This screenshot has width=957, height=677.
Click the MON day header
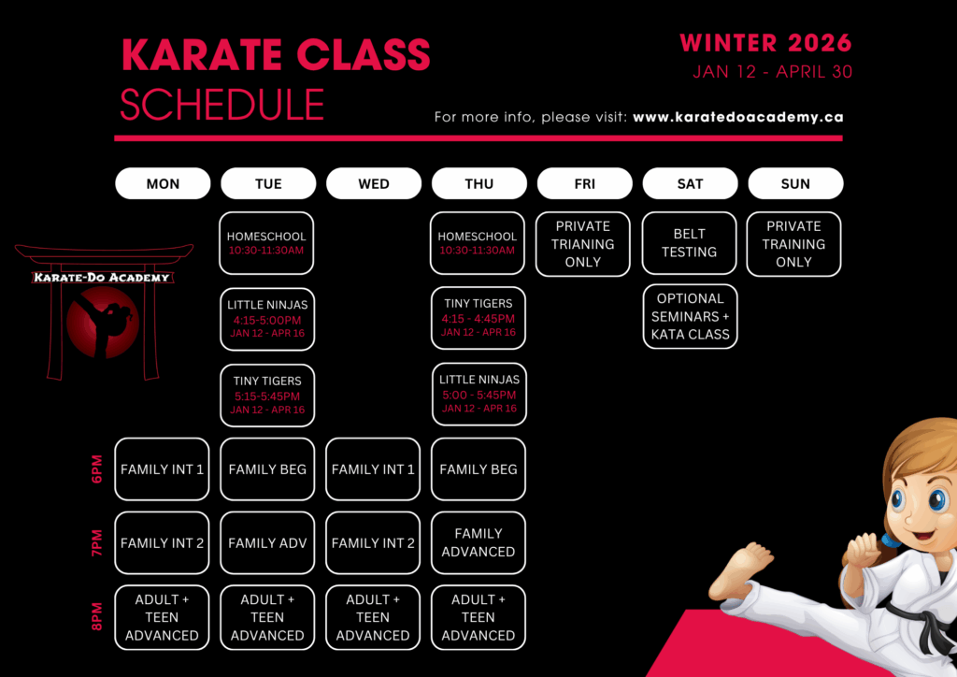pyautogui.click(x=163, y=183)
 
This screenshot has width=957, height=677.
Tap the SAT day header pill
pyautogui.click(x=690, y=183)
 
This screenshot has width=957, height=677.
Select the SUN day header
pyautogui.click(x=795, y=183)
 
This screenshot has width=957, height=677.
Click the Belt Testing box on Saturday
pyautogui.click(x=689, y=243)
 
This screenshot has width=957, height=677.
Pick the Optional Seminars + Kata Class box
pyautogui.click(x=691, y=316)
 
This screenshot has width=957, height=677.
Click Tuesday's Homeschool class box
pyautogui.click(x=266, y=243)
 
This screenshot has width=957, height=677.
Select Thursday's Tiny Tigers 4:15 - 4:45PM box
pyautogui.click(x=478, y=318)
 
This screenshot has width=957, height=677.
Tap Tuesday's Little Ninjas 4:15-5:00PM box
pyautogui.click(x=267, y=319)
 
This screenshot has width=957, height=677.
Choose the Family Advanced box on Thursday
pyautogui.click(x=478, y=542)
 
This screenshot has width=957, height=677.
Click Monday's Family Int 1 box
pyautogui.click(x=162, y=468)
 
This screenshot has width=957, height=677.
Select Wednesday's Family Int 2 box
pyautogui.click(x=373, y=542)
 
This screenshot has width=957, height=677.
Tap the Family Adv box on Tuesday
pyautogui.click(x=267, y=542)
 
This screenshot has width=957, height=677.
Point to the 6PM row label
pyautogui.click(x=97, y=468)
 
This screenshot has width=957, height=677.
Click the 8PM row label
pyautogui.click(x=97, y=616)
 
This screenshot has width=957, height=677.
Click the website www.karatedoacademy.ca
pyautogui.click(x=738, y=117)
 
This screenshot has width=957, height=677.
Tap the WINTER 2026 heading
pyautogui.click(x=765, y=43)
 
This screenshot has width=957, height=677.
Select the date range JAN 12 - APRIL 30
pyautogui.click(x=772, y=72)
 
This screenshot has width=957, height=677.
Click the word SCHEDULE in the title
pyautogui.click(x=222, y=105)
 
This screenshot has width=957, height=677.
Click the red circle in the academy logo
pyautogui.click(x=103, y=322)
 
